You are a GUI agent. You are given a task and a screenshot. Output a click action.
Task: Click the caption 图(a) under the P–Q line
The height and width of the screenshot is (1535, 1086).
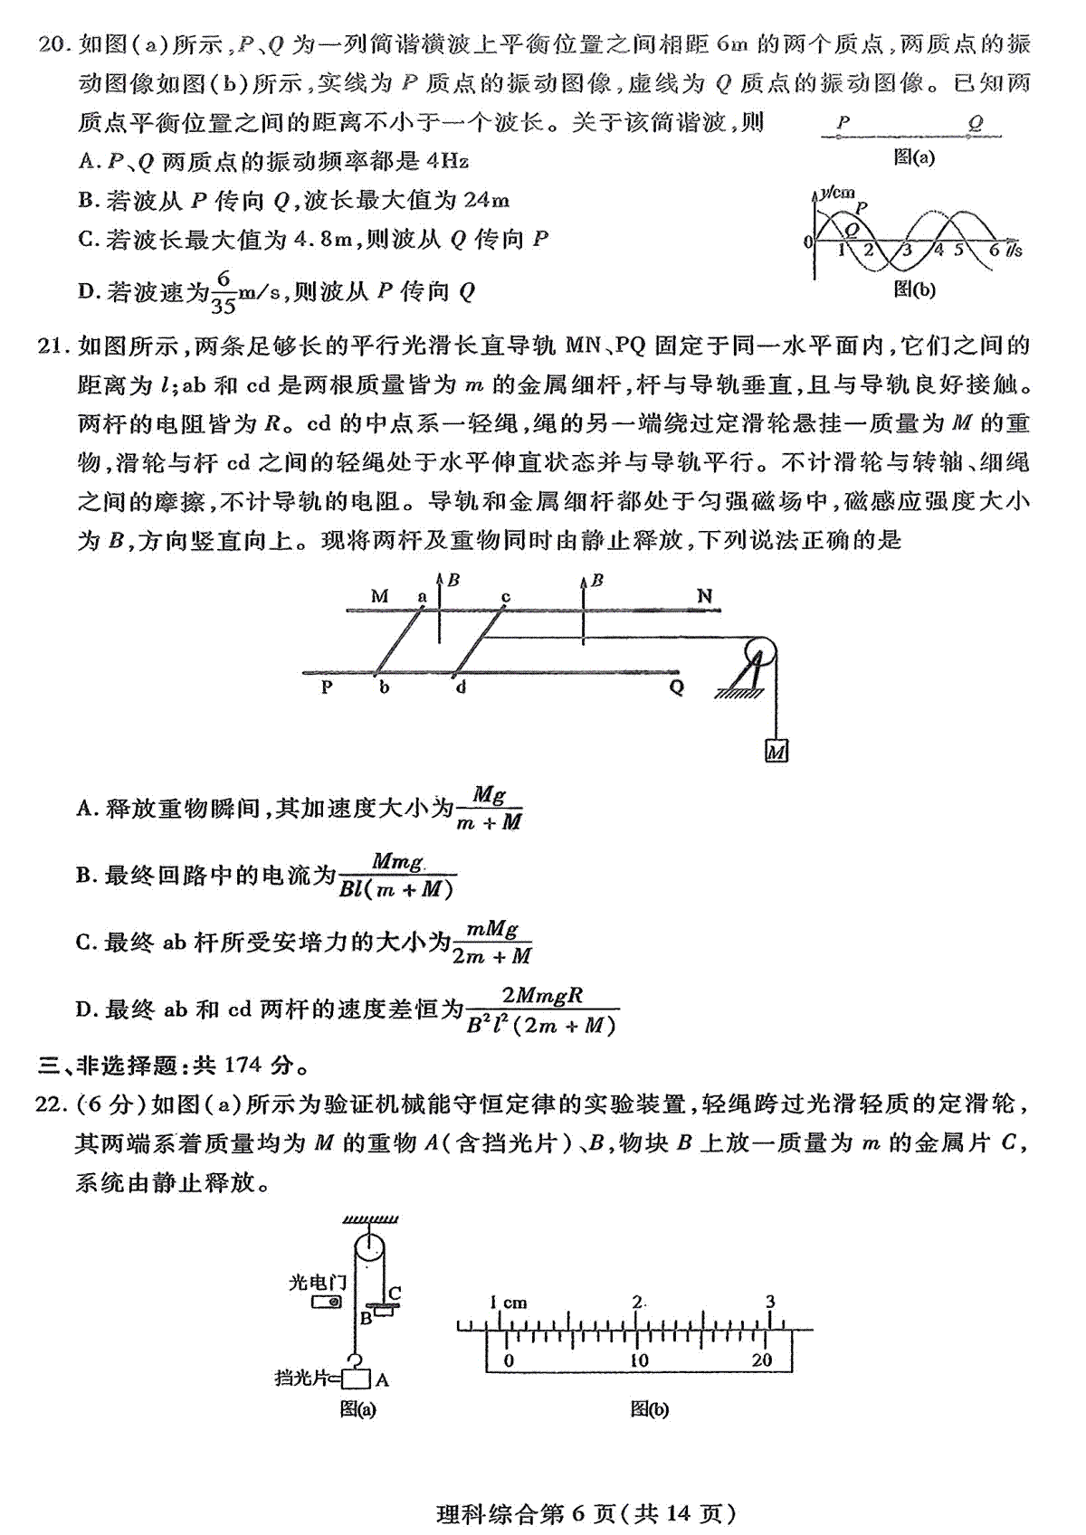point(913,157)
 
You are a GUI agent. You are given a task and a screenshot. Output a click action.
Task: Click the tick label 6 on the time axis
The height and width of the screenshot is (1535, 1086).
point(994,251)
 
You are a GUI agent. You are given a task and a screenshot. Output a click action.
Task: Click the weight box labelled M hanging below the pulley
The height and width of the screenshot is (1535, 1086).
point(776,751)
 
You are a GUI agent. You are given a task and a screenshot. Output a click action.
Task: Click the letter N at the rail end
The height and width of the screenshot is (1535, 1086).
point(705,595)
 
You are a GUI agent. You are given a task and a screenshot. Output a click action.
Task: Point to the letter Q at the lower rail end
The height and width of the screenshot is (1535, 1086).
point(676,687)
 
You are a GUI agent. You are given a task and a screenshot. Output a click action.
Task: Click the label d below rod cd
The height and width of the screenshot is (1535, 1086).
point(461,687)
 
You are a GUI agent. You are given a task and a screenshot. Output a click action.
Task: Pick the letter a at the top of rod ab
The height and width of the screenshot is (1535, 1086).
point(421,595)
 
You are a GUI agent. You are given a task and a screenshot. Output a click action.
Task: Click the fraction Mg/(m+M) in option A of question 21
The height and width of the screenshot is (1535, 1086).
point(489,809)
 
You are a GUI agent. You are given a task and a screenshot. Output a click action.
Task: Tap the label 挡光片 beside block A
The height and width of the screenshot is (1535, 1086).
point(301,1378)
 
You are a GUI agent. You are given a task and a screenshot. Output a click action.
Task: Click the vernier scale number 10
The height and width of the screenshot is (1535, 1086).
point(639,1360)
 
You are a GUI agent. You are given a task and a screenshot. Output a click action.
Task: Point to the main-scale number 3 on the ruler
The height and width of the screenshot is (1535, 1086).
point(770,1302)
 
